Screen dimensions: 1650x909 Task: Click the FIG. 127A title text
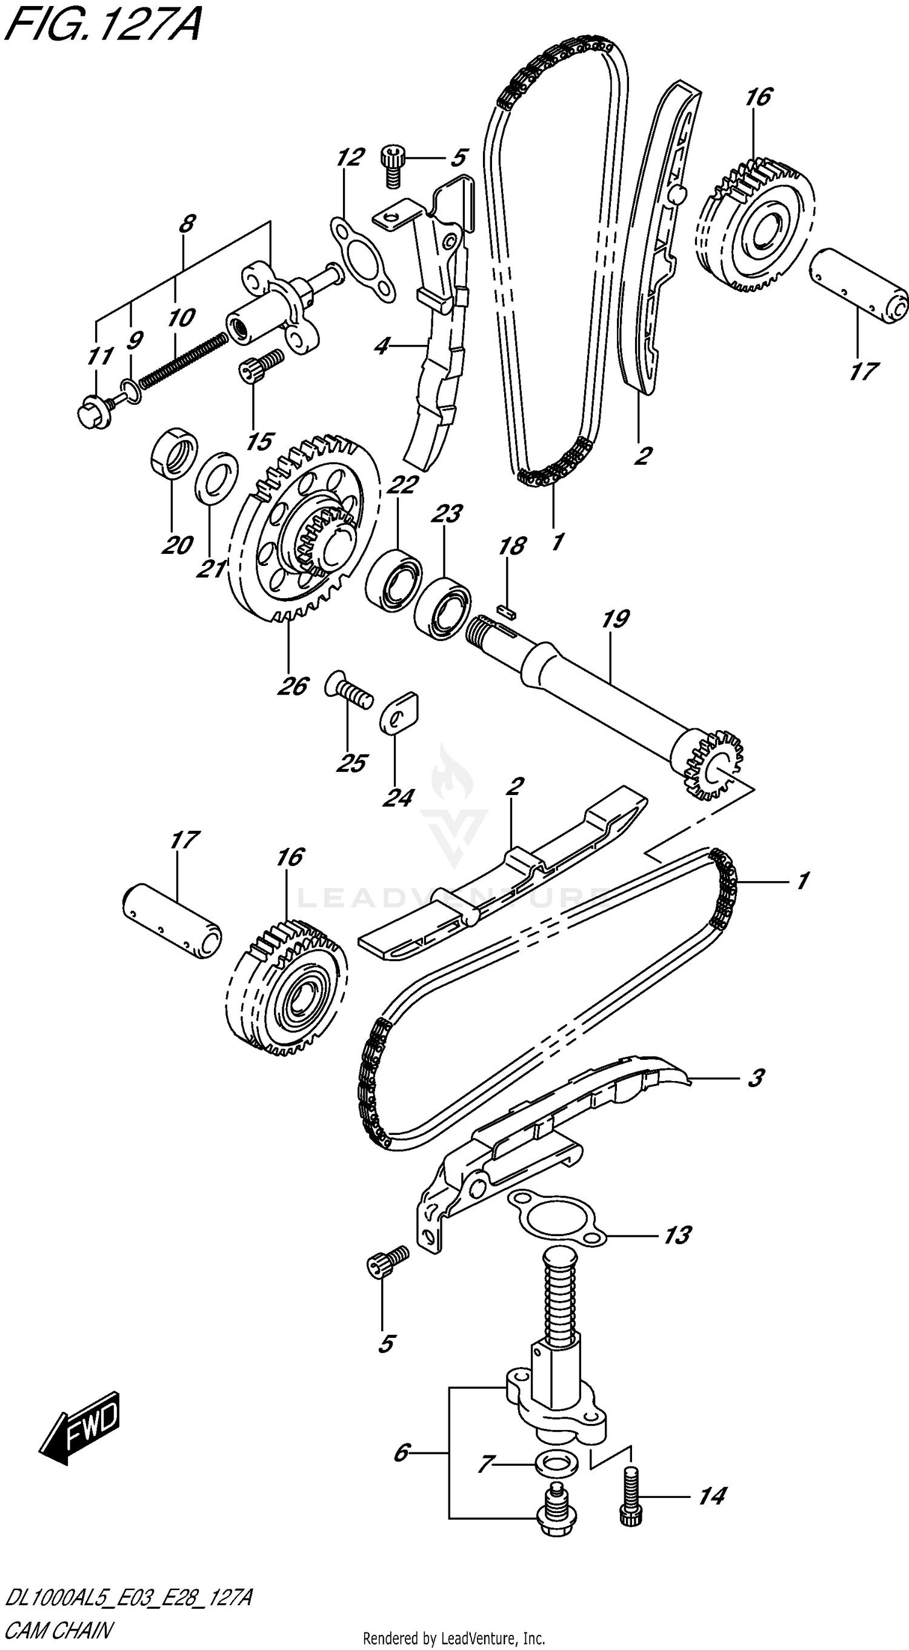click(x=102, y=25)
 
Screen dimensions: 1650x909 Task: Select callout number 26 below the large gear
click(x=293, y=686)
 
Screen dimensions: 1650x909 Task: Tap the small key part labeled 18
click(x=507, y=610)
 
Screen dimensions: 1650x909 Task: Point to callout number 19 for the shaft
click(x=616, y=619)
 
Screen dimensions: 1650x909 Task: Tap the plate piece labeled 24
click(x=399, y=711)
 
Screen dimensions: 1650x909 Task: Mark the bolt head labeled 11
click(x=95, y=413)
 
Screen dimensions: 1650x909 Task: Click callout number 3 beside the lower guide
click(x=756, y=1078)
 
